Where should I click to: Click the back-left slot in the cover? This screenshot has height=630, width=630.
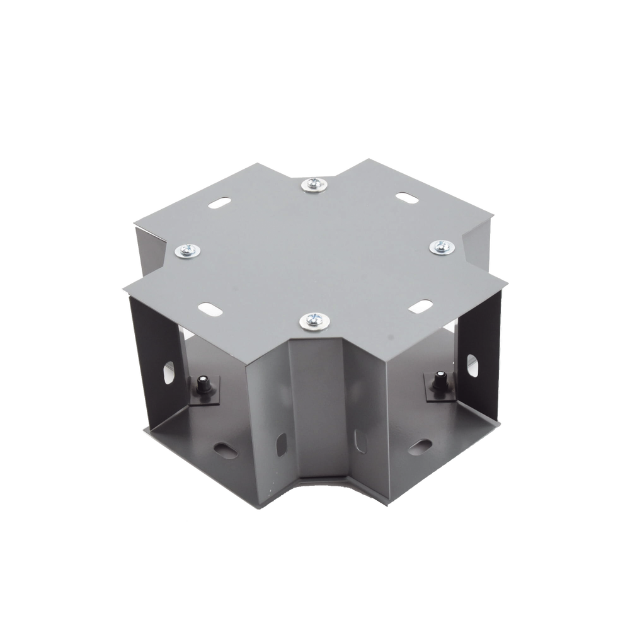pos(217,205)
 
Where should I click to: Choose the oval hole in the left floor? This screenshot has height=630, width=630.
pos(224,448)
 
